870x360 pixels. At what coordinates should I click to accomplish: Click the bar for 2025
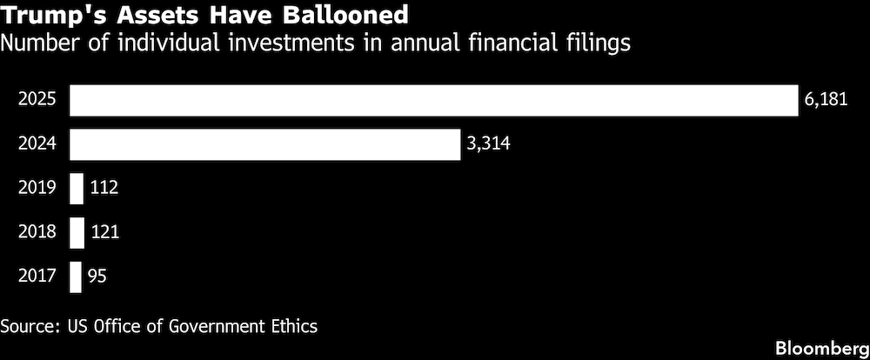tap(434, 100)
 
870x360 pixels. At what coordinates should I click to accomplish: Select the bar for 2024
tap(264, 144)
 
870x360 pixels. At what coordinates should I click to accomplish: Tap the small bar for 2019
tap(76, 189)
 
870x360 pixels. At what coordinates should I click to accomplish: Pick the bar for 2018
tap(77, 232)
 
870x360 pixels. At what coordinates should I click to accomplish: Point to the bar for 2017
tap(75, 277)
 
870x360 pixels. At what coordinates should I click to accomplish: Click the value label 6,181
tap(826, 100)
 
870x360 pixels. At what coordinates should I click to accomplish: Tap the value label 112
tap(104, 188)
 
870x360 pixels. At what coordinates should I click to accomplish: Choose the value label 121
tap(104, 232)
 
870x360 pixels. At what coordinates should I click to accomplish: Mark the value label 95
tap(97, 277)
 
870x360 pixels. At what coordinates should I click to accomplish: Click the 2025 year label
tap(37, 100)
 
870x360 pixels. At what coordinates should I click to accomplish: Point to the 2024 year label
tap(37, 144)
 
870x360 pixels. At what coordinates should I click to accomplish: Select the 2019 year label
tap(37, 188)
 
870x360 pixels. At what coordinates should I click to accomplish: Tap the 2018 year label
tap(37, 232)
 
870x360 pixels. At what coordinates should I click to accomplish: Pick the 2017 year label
tap(37, 277)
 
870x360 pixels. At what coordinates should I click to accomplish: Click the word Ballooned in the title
tap(345, 16)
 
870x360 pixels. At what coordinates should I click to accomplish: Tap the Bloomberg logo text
tap(822, 349)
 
